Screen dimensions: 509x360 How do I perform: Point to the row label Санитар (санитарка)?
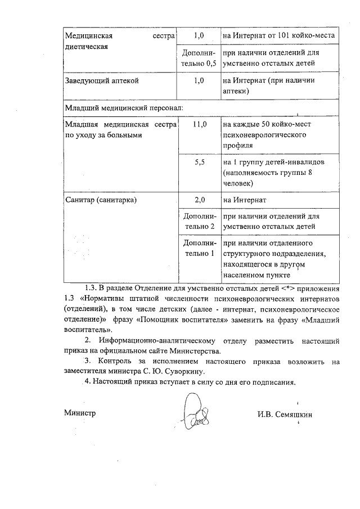click(x=101, y=200)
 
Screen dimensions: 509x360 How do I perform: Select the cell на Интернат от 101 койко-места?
click(x=279, y=35)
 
